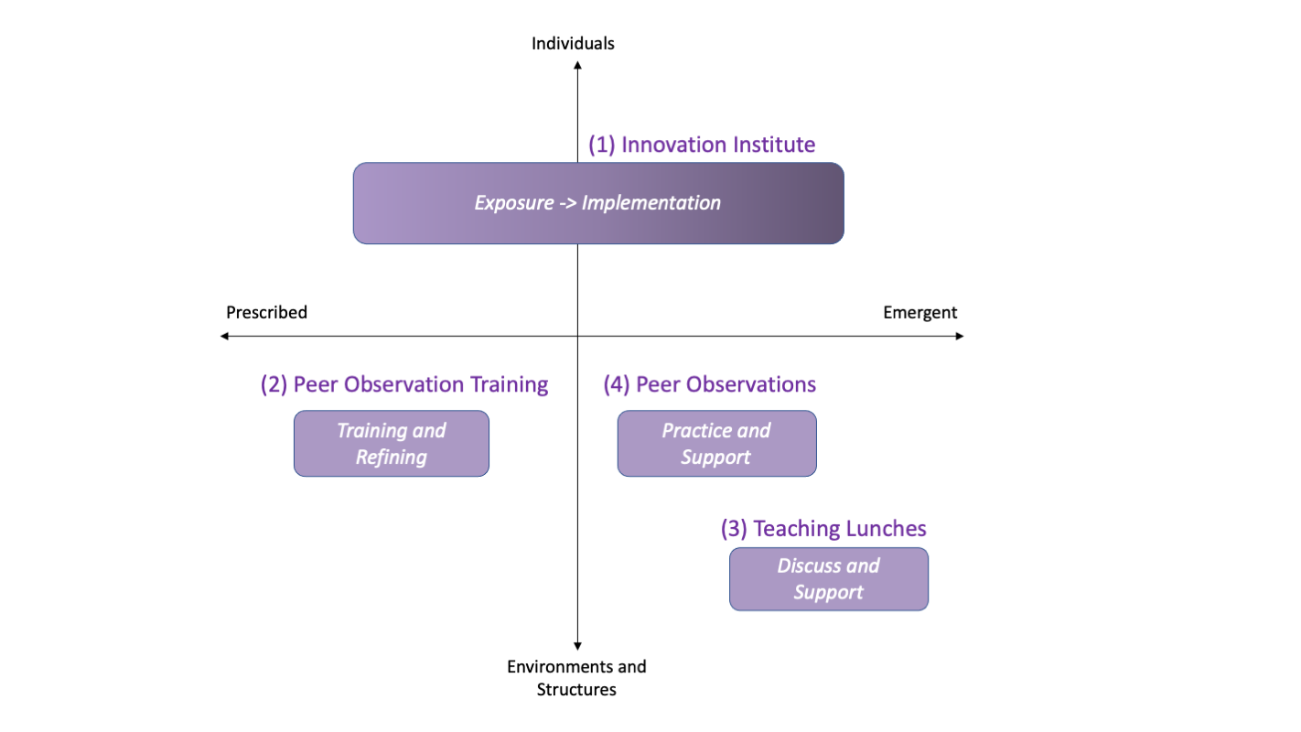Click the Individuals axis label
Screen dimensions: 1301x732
[x=573, y=44]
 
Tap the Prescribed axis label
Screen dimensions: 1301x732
[x=266, y=313]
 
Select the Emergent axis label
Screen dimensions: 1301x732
[x=920, y=313]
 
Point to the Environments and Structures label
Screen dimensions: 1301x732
[x=576, y=678]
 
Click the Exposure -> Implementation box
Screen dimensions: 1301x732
[x=598, y=203]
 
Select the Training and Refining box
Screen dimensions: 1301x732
[x=392, y=444]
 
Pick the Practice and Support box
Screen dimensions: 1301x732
[x=716, y=444]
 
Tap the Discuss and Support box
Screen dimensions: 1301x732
[x=829, y=579]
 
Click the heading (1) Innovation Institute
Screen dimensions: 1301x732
[x=702, y=145]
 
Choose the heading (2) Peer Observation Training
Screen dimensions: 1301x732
[x=404, y=384]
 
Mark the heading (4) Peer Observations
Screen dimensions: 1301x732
[x=710, y=384]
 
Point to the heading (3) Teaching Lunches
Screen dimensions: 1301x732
[x=823, y=529]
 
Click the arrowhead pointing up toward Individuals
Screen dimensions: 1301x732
[x=577, y=66]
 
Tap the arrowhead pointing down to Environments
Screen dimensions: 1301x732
[x=577, y=646]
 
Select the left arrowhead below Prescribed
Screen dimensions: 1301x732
[x=224, y=336]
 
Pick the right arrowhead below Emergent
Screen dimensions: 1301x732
[x=960, y=336]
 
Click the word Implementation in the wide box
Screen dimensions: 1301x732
[x=651, y=203]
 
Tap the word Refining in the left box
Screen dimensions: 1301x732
[x=392, y=457]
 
